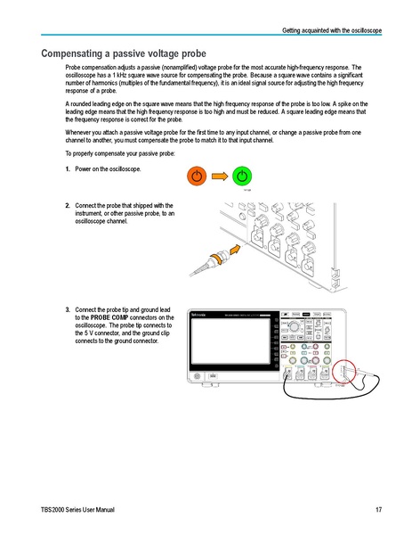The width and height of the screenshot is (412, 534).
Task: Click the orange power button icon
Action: [198, 175]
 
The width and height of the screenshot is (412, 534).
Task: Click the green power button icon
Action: [242, 175]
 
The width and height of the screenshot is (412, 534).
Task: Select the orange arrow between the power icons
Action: [220, 175]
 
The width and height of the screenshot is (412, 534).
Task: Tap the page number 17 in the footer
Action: [378, 509]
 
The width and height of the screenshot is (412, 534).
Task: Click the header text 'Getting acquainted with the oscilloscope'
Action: [332, 31]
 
